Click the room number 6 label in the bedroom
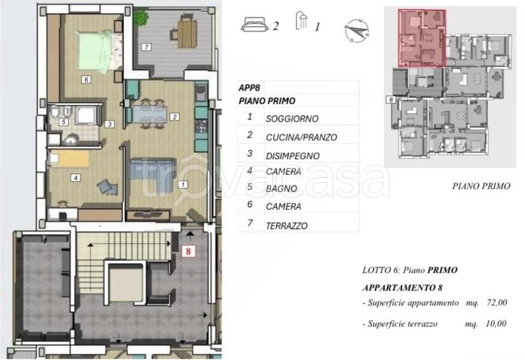click(x=86, y=79)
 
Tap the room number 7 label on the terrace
click(x=146, y=47)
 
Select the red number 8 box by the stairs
click(x=189, y=251)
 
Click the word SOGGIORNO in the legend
click(x=292, y=118)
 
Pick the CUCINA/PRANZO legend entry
click(x=301, y=137)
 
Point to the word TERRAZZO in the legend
click(x=287, y=226)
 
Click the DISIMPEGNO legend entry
click(x=292, y=156)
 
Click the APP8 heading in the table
click(x=250, y=88)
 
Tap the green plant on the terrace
click(x=139, y=18)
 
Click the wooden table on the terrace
click(x=187, y=32)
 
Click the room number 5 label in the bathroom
click(x=62, y=122)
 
